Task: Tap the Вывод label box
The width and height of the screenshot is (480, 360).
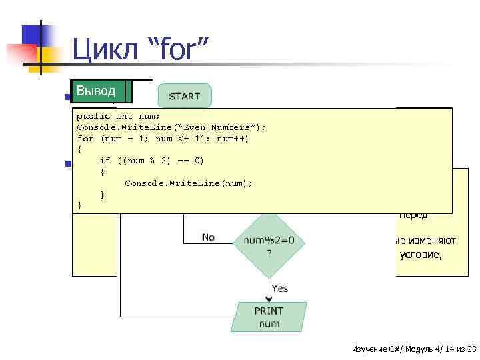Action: click(96, 91)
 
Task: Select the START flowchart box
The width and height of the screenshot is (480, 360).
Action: click(184, 96)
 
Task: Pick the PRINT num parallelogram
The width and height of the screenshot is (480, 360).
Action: click(269, 317)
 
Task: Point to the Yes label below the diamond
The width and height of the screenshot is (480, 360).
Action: click(280, 288)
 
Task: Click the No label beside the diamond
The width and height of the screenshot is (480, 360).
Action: click(209, 237)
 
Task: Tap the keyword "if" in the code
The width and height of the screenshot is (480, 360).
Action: click(105, 161)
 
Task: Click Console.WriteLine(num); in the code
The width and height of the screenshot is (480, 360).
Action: click(189, 183)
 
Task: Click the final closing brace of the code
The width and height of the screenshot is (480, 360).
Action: click(80, 206)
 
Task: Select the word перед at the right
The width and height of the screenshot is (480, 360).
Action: click(413, 215)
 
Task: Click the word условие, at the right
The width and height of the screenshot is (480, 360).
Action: click(420, 253)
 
